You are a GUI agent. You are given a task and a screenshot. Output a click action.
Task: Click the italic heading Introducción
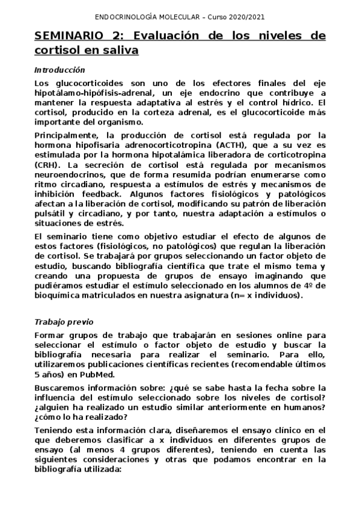point(59,70)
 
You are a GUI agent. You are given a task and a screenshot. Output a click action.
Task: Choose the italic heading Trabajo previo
point(64,322)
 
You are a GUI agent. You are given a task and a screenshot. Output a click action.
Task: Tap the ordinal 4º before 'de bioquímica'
point(309,286)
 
